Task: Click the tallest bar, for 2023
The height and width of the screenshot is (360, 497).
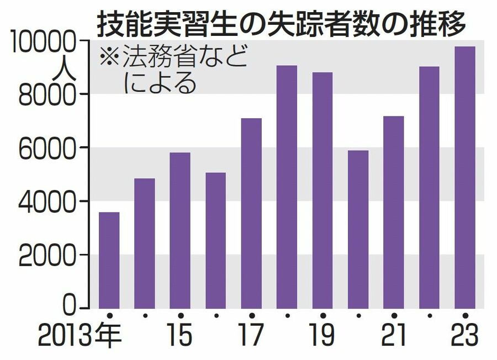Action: click(x=464, y=177)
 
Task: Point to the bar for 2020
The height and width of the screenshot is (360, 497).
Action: click(x=358, y=229)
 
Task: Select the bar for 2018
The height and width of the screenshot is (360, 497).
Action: click(x=287, y=186)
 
